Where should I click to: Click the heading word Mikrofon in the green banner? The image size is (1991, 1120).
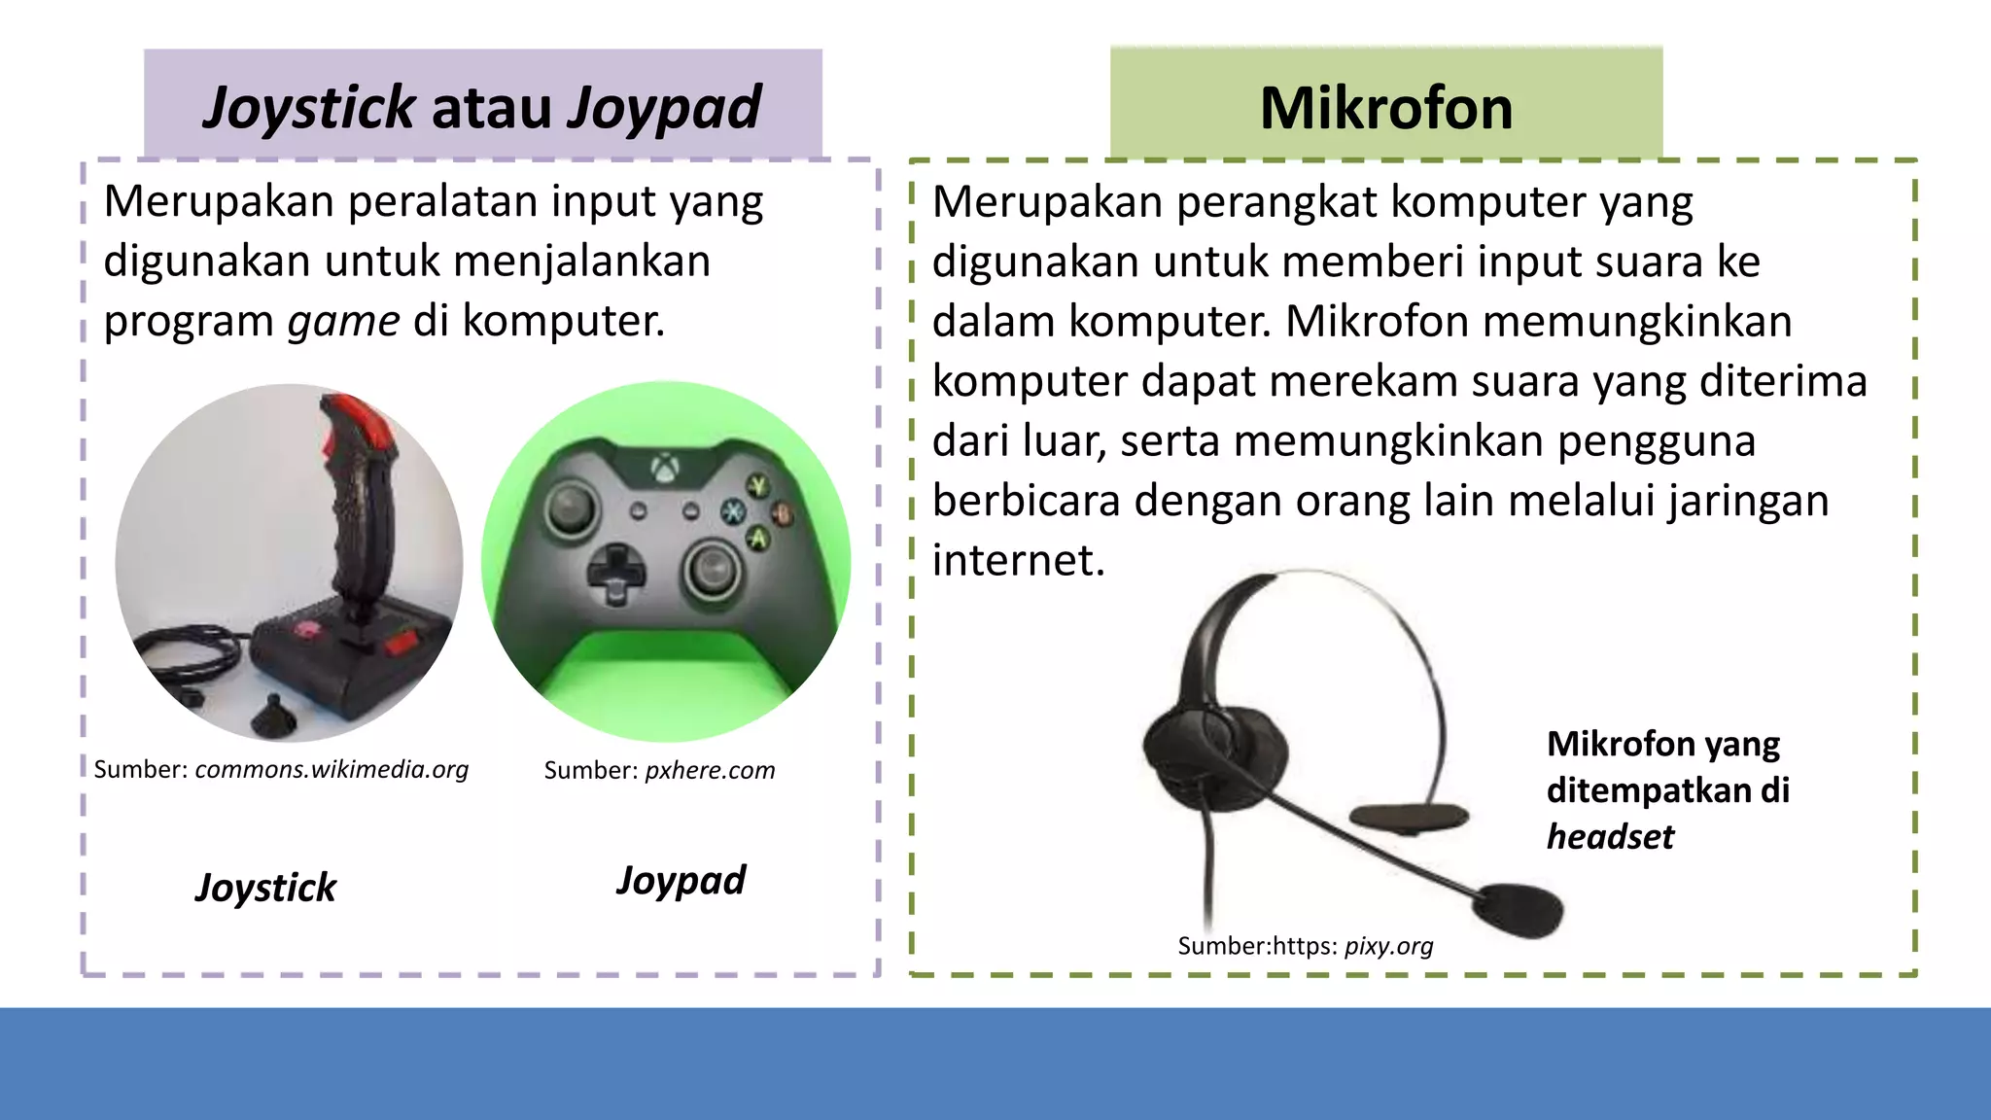click(x=1386, y=108)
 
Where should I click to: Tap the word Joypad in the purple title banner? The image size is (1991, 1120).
click(x=664, y=108)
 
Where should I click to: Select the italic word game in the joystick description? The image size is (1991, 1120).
click(x=344, y=321)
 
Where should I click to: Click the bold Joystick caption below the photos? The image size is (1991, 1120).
click(x=265, y=888)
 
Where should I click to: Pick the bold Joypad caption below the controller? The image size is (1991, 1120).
click(x=681, y=881)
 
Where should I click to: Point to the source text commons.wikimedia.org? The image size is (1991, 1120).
click(x=332, y=770)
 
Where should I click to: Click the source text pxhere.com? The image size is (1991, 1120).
click(x=710, y=771)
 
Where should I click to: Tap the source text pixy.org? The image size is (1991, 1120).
click(x=1388, y=946)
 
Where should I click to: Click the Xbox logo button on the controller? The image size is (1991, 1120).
click(x=665, y=471)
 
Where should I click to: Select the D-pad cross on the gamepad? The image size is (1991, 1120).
click(x=614, y=574)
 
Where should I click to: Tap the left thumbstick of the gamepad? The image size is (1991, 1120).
click(x=571, y=509)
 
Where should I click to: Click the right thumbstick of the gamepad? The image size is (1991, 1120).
click(x=714, y=570)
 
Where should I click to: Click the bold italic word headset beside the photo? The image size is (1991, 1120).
click(x=1610, y=837)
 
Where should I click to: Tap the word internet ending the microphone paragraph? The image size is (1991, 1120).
click(x=1018, y=561)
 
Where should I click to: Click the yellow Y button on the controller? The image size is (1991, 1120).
click(x=757, y=485)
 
